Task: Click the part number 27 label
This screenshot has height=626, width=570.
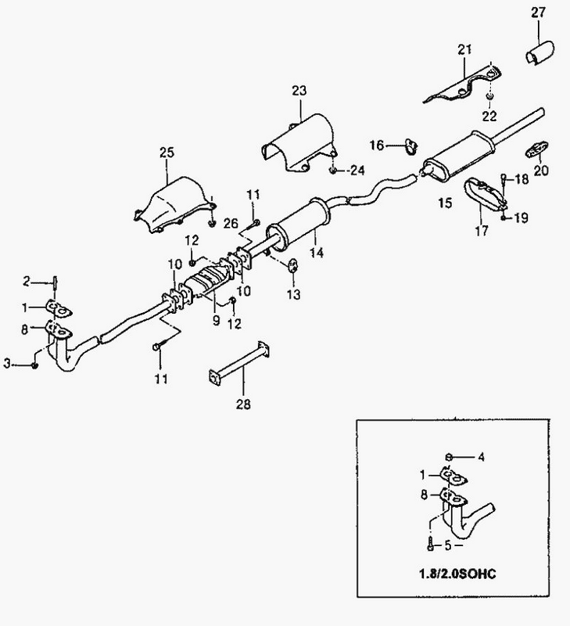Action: pos(538,13)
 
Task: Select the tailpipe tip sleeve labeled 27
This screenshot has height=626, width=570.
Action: pos(540,53)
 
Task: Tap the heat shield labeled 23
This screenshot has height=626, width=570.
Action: pos(299,143)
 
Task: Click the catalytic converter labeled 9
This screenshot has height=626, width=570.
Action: pos(209,280)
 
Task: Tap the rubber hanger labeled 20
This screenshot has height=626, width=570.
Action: pos(537,149)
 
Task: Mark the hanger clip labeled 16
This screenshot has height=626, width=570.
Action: pos(410,146)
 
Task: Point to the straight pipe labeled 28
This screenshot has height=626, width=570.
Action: pos(239,363)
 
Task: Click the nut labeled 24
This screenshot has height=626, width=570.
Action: pos(333,171)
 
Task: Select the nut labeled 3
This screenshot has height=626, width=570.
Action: pos(34,365)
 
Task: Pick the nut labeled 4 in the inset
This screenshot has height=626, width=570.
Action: pos(449,456)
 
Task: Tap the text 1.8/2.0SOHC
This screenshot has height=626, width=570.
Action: pos(457,574)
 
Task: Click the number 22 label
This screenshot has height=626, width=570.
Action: pos(489,116)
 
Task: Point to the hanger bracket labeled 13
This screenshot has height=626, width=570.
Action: pos(294,264)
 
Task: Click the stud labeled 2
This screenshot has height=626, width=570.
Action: pos(55,284)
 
